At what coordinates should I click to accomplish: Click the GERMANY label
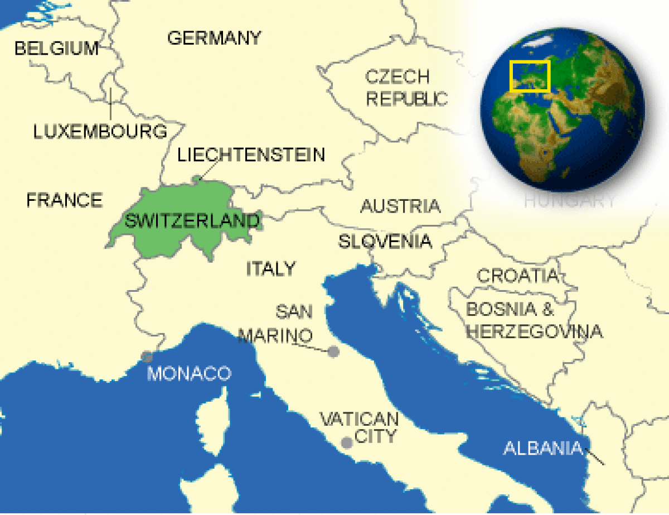(x=214, y=38)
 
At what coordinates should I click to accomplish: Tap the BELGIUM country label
(x=56, y=49)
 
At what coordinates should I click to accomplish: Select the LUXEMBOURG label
(x=100, y=132)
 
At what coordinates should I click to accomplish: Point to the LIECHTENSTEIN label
(x=251, y=155)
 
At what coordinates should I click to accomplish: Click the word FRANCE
(x=64, y=200)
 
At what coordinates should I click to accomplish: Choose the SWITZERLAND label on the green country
(x=192, y=221)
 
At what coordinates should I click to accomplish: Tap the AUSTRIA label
(x=400, y=206)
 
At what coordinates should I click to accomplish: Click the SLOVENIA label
(x=385, y=241)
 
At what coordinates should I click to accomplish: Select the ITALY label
(x=270, y=268)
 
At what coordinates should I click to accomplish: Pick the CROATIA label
(x=517, y=275)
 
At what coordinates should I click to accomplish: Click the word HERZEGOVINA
(x=534, y=331)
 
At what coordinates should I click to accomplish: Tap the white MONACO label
(x=188, y=373)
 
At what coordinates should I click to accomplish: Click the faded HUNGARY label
(x=570, y=201)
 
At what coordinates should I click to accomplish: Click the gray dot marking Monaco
(x=147, y=357)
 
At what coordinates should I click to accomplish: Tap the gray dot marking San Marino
(x=333, y=352)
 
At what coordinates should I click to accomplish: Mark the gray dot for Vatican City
(x=347, y=442)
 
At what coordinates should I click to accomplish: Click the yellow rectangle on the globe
(x=530, y=76)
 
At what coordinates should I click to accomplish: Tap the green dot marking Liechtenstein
(x=196, y=179)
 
